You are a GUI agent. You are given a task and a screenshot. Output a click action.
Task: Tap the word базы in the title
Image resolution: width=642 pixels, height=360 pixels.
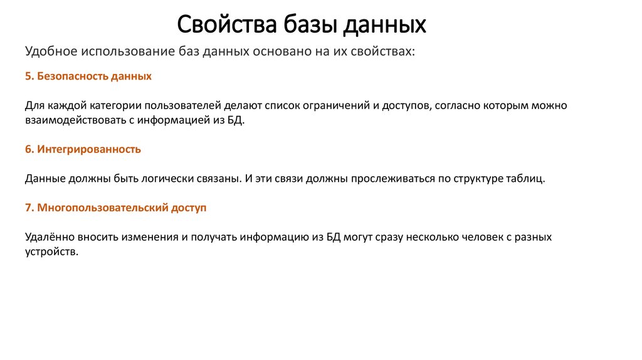[x=297, y=24]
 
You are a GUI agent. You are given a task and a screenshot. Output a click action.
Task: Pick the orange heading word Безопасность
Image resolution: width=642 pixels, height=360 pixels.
[x=72, y=77]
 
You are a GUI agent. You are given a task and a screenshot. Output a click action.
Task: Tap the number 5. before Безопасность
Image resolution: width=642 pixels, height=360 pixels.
[x=29, y=77]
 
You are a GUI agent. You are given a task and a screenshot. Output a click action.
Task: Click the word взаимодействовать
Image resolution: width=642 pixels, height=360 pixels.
[x=70, y=120]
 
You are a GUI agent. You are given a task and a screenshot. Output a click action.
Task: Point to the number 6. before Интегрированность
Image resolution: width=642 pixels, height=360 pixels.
[x=29, y=149]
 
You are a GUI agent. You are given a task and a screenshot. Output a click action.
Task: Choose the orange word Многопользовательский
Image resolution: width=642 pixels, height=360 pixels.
[x=102, y=208]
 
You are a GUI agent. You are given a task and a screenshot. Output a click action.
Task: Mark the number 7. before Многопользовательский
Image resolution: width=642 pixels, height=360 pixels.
[x=29, y=208]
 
